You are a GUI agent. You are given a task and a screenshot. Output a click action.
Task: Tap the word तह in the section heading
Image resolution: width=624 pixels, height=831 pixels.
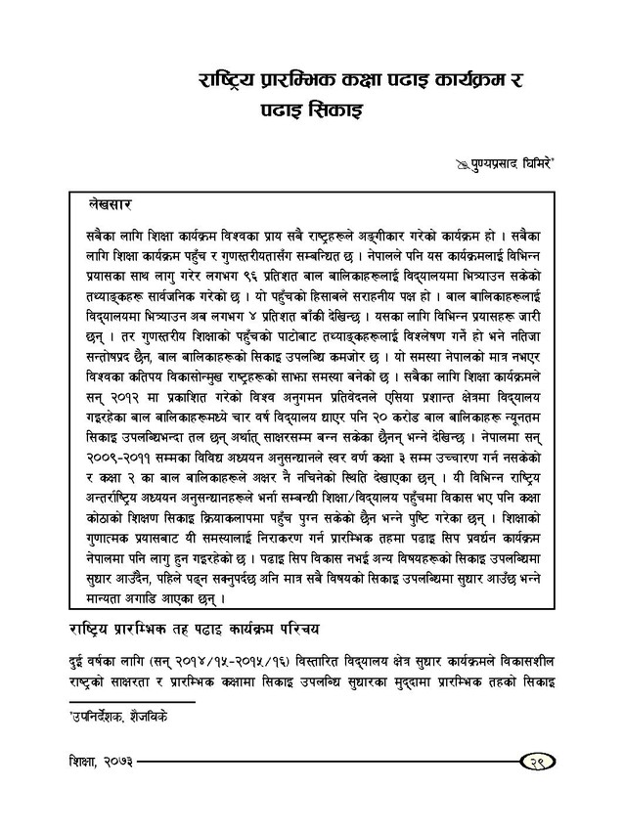178,628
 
